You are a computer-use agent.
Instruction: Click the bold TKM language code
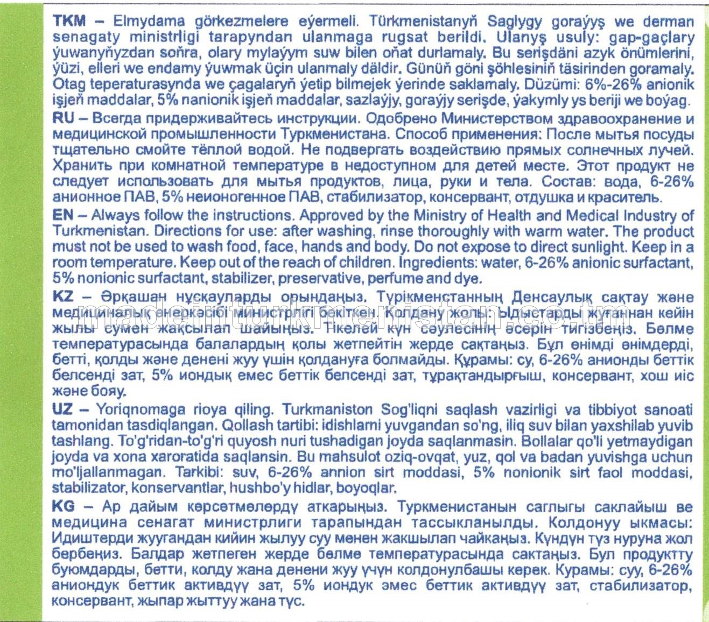[69, 22]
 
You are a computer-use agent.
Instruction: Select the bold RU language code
[63, 118]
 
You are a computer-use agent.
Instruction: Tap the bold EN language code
[62, 215]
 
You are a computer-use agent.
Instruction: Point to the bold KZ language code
[63, 297]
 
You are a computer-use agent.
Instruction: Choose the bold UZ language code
[62, 409]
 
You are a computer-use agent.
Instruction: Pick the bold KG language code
[63, 506]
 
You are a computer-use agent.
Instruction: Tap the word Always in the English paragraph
[114, 215]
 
